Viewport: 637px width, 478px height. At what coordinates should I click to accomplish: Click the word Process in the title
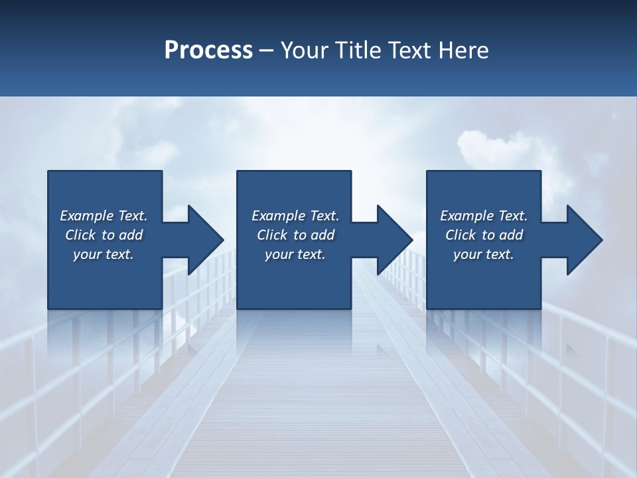[x=208, y=50]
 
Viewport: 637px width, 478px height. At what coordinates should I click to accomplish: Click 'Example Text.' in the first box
[x=104, y=216]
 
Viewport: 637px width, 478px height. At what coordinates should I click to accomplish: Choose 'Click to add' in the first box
[x=104, y=235]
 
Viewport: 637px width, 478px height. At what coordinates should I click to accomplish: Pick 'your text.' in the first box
[x=104, y=254]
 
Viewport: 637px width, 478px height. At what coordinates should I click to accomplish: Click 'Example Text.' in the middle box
[x=295, y=216]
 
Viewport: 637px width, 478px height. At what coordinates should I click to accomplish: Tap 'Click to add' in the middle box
[x=295, y=235]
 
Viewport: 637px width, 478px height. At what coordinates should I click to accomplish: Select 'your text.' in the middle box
[x=295, y=254]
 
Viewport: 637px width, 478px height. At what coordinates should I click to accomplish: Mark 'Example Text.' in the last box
[x=484, y=216]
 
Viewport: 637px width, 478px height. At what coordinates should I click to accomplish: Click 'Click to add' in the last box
[x=484, y=235]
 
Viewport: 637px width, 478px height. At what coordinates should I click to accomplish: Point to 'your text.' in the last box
[x=484, y=254]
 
